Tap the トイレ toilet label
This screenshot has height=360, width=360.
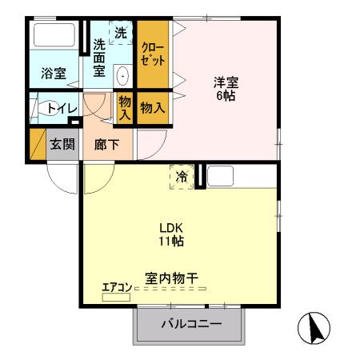coord(62,108)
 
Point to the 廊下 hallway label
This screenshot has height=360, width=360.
coord(106,145)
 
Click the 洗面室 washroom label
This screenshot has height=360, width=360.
coord(99,58)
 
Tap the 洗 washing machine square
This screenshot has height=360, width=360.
coord(121,34)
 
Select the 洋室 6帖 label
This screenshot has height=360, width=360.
coord(226,89)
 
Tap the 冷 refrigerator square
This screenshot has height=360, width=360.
coord(182,176)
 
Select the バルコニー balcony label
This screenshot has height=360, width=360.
coord(189,324)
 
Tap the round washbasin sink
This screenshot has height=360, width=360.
coord(123,77)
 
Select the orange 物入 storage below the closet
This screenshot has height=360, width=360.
coord(153,106)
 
